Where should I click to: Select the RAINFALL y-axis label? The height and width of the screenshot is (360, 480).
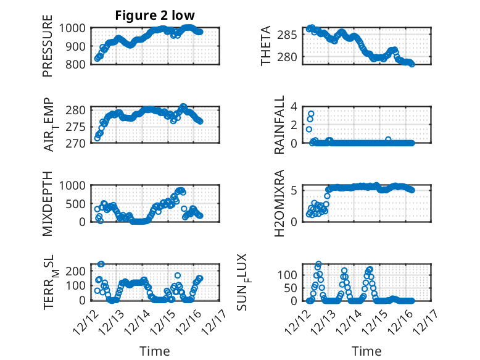tap(279, 124)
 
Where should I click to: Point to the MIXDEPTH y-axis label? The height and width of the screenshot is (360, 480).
tap(48, 203)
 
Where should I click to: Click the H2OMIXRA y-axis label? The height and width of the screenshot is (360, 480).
tap(279, 203)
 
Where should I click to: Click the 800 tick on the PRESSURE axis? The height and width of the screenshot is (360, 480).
tap(78, 64)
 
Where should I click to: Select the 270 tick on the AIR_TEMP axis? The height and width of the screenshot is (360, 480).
tap(78, 143)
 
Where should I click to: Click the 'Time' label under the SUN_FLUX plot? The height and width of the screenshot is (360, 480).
tap(366, 351)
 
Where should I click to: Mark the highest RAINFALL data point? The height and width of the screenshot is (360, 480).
tap(311, 114)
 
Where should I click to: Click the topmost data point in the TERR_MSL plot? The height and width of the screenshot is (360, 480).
tap(101, 264)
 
